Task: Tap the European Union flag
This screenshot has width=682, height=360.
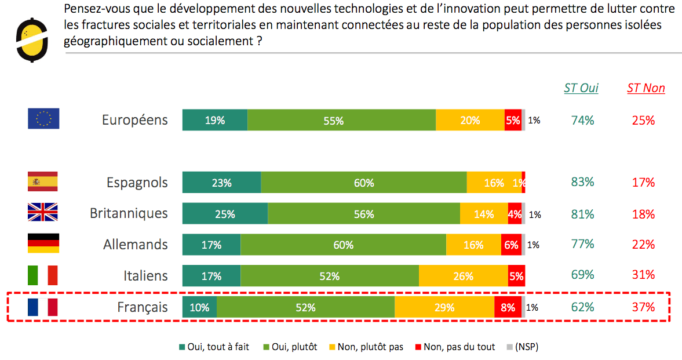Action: click(x=43, y=119)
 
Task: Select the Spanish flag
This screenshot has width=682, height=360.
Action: click(x=43, y=181)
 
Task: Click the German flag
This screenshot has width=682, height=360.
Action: click(x=43, y=243)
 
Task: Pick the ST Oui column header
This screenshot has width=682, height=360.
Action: click(x=581, y=88)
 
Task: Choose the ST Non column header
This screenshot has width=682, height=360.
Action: click(x=646, y=88)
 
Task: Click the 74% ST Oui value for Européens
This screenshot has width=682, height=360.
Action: click(x=582, y=121)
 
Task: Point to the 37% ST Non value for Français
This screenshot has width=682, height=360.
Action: click(x=644, y=307)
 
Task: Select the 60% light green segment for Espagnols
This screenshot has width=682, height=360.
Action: click(x=363, y=183)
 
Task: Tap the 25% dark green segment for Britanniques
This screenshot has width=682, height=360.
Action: click(x=225, y=214)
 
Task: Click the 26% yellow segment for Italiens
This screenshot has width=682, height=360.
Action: click(x=463, y=277)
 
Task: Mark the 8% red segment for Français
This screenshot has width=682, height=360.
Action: click(x=508, y=308)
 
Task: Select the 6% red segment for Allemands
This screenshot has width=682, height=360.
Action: click(x=511, y=245)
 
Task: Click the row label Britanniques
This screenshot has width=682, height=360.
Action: click(x=129, y=213)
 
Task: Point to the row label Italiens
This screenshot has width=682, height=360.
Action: click(x=145, y=275)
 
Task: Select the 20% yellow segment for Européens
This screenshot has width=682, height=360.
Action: click(x=470, y=121)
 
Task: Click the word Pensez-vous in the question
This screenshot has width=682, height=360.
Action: click(x=93, y=9)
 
